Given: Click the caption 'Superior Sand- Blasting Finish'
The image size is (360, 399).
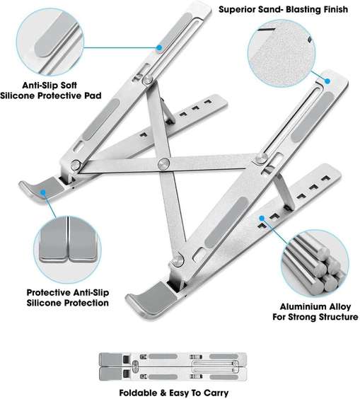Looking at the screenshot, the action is pos(283,9).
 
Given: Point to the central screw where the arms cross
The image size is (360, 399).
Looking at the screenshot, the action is pos(163,164).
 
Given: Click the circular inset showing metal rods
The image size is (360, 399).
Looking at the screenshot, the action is pos(315,264).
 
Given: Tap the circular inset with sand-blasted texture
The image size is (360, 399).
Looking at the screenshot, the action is pos(281,54).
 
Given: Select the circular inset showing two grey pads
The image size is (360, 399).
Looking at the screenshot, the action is pos(67,250).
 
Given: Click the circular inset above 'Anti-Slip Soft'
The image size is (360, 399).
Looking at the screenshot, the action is pos(50,42).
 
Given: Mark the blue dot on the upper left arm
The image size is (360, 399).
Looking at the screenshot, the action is pos(159,47).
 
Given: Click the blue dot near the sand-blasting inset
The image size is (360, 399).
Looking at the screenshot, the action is pos(327,81).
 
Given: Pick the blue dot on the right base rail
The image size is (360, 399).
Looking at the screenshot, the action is pos(262,218).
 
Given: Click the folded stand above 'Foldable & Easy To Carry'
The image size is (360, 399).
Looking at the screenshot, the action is pos(173,366).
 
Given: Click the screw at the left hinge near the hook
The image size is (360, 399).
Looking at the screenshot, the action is pos(76,165).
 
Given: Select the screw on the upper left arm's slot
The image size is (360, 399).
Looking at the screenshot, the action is pos(147,80).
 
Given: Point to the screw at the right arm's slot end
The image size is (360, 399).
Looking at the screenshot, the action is pos(260,158).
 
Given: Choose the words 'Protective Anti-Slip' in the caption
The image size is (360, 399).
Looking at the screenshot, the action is pos(68,292).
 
